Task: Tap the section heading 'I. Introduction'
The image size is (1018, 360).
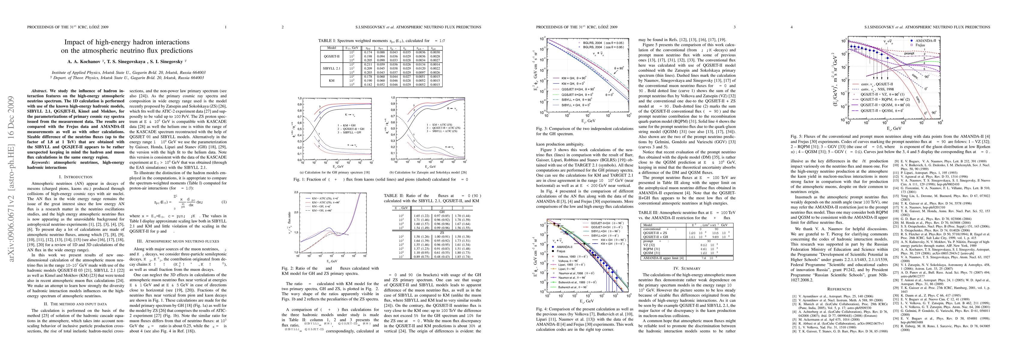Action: click(76, 177)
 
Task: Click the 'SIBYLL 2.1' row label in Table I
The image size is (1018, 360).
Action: click(332, 68)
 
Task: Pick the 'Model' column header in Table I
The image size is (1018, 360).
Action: click(332, 48)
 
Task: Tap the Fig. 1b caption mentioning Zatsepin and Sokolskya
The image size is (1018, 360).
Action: click(425, 172)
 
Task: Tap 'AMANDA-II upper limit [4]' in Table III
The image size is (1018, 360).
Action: click(664, 258)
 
